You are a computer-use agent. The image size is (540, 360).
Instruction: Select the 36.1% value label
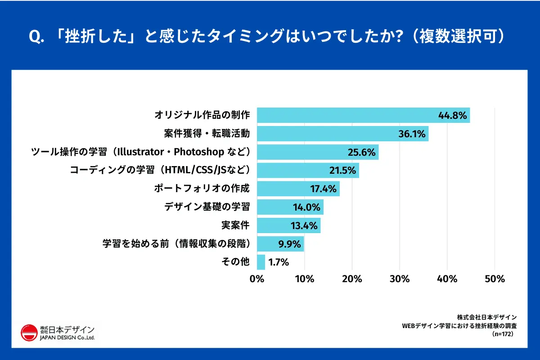point(413,134)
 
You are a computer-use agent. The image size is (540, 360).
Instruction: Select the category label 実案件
point(235,225)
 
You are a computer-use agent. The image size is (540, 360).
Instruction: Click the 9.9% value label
point(289,244)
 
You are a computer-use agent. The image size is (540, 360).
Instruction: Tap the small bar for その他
point(261,262)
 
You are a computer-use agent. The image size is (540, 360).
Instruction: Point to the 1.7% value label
point(278,262)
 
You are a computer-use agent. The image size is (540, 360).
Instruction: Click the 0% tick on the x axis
point(257,279)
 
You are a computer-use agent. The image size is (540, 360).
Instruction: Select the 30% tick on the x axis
point(400,279)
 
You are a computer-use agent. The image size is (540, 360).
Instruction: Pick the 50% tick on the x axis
point(495,279)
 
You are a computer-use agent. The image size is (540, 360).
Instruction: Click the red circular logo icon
point(29,333)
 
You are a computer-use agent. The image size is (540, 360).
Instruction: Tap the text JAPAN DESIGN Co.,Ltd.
point(67,337)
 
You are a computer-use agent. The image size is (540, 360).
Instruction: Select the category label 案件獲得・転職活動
point(207,134)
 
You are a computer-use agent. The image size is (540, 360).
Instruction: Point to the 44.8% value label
point(452,116)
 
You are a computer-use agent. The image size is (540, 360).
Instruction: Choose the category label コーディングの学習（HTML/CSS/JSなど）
point(160,170)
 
